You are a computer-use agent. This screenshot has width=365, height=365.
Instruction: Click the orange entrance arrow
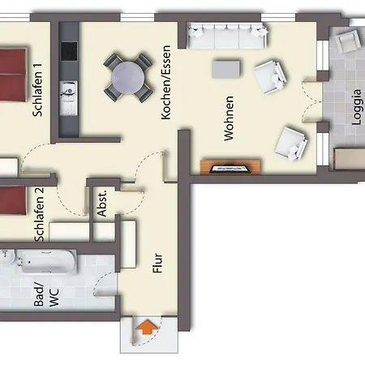pos(146,327)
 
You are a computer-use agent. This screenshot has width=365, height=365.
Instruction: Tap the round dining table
pos(128,78)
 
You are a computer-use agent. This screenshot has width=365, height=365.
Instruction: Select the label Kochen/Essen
pos(165,83)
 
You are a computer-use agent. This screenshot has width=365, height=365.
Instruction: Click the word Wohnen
pos(229,118)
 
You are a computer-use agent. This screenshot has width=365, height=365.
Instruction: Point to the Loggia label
pos(356,107)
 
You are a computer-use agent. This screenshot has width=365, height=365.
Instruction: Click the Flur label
pos(157,263)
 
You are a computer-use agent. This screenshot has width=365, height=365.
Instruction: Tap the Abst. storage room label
pos(102,203)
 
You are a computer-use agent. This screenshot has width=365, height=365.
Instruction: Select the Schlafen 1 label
pos(37,90)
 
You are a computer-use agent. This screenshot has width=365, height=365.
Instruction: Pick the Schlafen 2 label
pos(39,215)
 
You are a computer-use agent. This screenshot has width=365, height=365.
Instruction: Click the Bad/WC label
pos(46,296)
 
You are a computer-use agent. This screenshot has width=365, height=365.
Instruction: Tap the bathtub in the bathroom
pos(48,261)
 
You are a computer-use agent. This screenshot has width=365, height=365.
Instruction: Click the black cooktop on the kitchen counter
pos(69,51)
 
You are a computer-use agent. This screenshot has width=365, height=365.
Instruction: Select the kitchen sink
pos(68,97)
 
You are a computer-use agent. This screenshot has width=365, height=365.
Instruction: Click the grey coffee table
pos(225,70)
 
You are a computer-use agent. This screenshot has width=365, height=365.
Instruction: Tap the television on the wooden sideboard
pos(230,169)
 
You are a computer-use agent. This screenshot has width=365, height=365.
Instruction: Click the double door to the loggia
pos(312,101)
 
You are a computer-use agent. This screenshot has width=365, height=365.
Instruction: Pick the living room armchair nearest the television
pos(291,144)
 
